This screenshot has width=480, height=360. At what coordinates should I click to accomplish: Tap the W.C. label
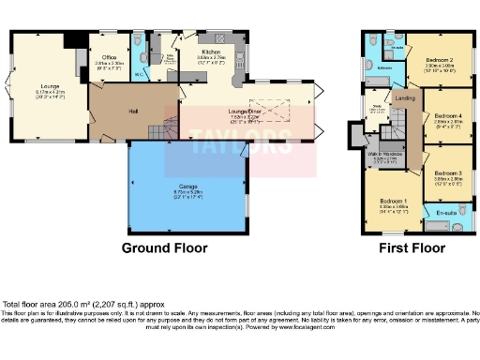(138, 71)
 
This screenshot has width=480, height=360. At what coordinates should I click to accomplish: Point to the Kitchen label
(210, 52)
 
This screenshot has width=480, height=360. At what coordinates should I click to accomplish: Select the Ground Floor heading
(165, 248)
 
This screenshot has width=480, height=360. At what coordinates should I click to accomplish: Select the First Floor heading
(411, 248)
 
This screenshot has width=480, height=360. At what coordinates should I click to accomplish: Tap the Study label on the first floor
(377, 107)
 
